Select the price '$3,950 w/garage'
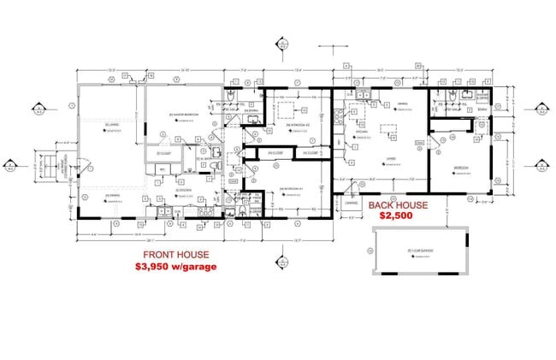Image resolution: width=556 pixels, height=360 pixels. click(x=174, y=267)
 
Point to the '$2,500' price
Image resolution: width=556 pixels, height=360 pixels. click(x=396, y=218)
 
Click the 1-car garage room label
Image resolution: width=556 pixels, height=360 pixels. click(x=417, y=250)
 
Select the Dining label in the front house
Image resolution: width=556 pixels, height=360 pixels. click(x=109, y=197)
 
